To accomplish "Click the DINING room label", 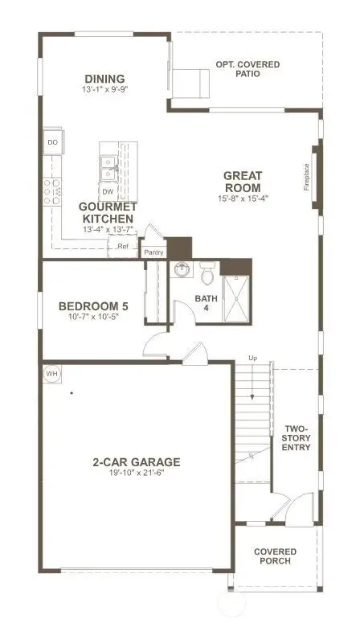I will (x=106, y=78).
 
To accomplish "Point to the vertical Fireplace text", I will (x=305, y=177).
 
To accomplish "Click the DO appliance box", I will (x=53, y=142).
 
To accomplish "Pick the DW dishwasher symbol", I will (x=107, y=191).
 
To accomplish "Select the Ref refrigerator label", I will (x=123, y=246).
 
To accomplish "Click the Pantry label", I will (x=153, y=252).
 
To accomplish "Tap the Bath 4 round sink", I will (x=183, y=269).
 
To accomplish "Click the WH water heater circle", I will (x=51, y=374).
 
